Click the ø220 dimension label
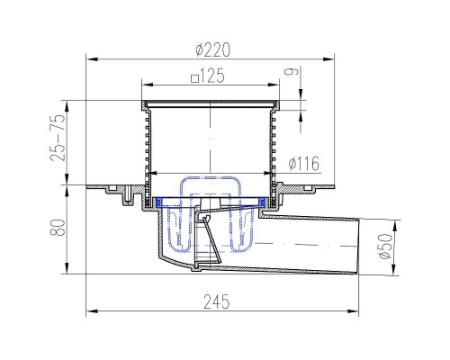[211, 49]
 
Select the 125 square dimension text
[212, 76]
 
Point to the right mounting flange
[310, 188]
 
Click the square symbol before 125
[193, 77]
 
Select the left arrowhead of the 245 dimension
[89, 312]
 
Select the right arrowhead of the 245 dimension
[355, 312]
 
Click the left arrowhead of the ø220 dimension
[89, 60]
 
